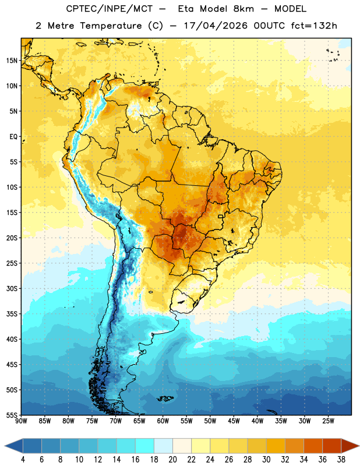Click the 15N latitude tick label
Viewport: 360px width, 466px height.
(12, 61)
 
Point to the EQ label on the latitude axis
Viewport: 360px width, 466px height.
(13, 137)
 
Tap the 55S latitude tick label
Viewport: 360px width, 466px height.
(12, 415)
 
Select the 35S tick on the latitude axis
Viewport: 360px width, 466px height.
(12, 314)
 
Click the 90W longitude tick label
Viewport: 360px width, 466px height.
(21, 421)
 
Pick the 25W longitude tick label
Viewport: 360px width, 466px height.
(328, 421)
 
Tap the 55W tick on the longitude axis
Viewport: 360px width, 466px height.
(186, 421)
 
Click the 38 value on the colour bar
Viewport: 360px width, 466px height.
(341, 460)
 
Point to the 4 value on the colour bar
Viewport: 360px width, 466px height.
(23, 460)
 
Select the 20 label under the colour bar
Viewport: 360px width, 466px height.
(172, 460)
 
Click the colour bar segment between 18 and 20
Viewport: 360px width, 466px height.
(163, 446)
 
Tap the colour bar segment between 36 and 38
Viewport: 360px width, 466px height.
(332, 446)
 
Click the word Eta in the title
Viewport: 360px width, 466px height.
(185, 9)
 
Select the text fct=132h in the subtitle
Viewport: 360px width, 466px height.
(314, 26)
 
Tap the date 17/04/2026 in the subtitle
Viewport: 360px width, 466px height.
(216, 26)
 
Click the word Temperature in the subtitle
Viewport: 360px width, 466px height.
(111, 26)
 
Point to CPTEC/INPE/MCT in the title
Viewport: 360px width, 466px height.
(109, 9)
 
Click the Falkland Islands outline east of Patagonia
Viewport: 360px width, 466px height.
(165, 398)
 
